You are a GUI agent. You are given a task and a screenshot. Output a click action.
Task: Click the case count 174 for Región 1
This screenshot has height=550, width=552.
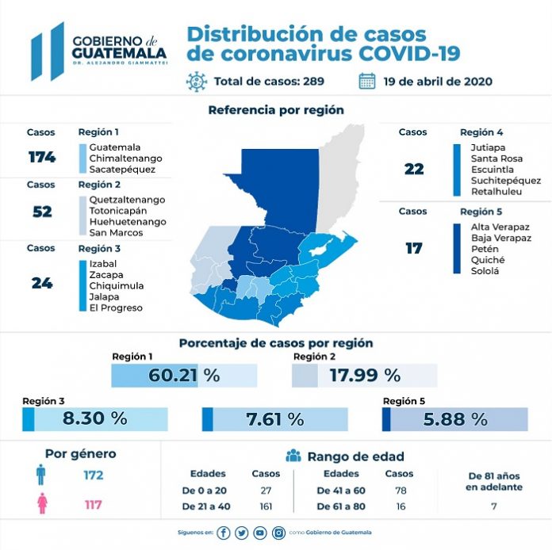click(41, 157)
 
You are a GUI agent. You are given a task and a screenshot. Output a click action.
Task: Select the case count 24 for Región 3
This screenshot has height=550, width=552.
click(41, 282)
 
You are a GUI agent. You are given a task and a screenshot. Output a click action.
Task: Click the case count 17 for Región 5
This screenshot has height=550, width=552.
click(413, 248)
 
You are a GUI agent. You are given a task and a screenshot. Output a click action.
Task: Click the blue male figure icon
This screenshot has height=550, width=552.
click(40, 476)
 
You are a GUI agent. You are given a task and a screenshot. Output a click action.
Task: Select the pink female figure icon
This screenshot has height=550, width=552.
click(40, 504)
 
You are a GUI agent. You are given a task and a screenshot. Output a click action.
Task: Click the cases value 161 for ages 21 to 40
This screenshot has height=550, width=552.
click(266, 506)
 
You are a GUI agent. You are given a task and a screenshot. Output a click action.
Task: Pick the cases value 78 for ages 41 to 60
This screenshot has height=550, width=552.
click(400, 491)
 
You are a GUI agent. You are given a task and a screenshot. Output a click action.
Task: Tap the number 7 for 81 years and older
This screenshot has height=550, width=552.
click(493, 505)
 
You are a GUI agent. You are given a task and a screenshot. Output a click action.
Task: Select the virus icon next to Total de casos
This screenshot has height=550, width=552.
click(196, 82)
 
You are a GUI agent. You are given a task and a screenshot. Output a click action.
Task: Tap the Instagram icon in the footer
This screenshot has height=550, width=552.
click(279, 533)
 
